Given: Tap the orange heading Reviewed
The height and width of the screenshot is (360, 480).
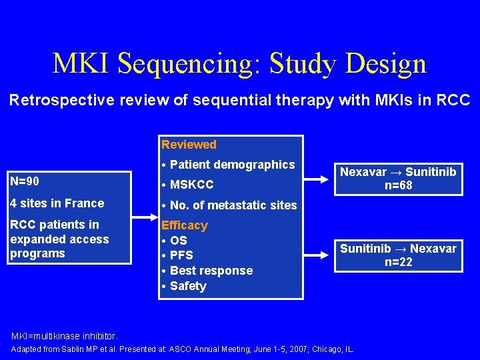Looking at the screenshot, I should pos(189,145).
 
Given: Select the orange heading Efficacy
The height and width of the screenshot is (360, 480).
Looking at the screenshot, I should pos(185,225).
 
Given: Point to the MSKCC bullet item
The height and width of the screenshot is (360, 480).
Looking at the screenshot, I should pos(191,185).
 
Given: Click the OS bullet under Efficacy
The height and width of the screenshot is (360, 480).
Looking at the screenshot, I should pos(178,241).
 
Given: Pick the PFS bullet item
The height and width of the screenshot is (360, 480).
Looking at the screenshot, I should pos(181,255).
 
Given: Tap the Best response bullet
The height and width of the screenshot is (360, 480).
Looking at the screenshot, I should pos(211,271).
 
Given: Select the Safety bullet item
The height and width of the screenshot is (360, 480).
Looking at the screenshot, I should pos(188,286).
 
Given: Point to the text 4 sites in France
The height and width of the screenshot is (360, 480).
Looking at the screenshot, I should pos(57,203).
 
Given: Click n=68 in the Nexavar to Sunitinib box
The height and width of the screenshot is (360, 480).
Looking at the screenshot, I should pos(399,185).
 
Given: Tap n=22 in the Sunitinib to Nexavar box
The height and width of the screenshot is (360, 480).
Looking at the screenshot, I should pos(399,262).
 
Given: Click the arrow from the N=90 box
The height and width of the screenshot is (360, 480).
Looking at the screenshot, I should pos(145,217).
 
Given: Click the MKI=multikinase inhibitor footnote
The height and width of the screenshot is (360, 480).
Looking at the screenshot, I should pos(64,335).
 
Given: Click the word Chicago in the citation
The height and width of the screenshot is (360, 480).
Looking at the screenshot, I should pos(326,349).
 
